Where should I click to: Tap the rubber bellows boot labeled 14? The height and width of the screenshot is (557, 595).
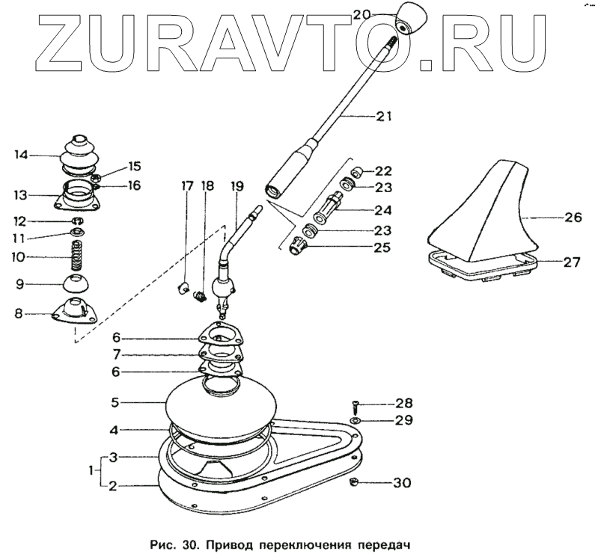[x=79, y=155]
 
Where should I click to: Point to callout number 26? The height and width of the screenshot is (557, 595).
[x=572, y=219]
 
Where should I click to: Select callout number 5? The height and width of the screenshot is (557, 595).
[x=115, y=401]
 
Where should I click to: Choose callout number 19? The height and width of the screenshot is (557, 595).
[x=239, y=185]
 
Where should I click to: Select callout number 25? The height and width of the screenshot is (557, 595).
[x=384, y=245]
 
